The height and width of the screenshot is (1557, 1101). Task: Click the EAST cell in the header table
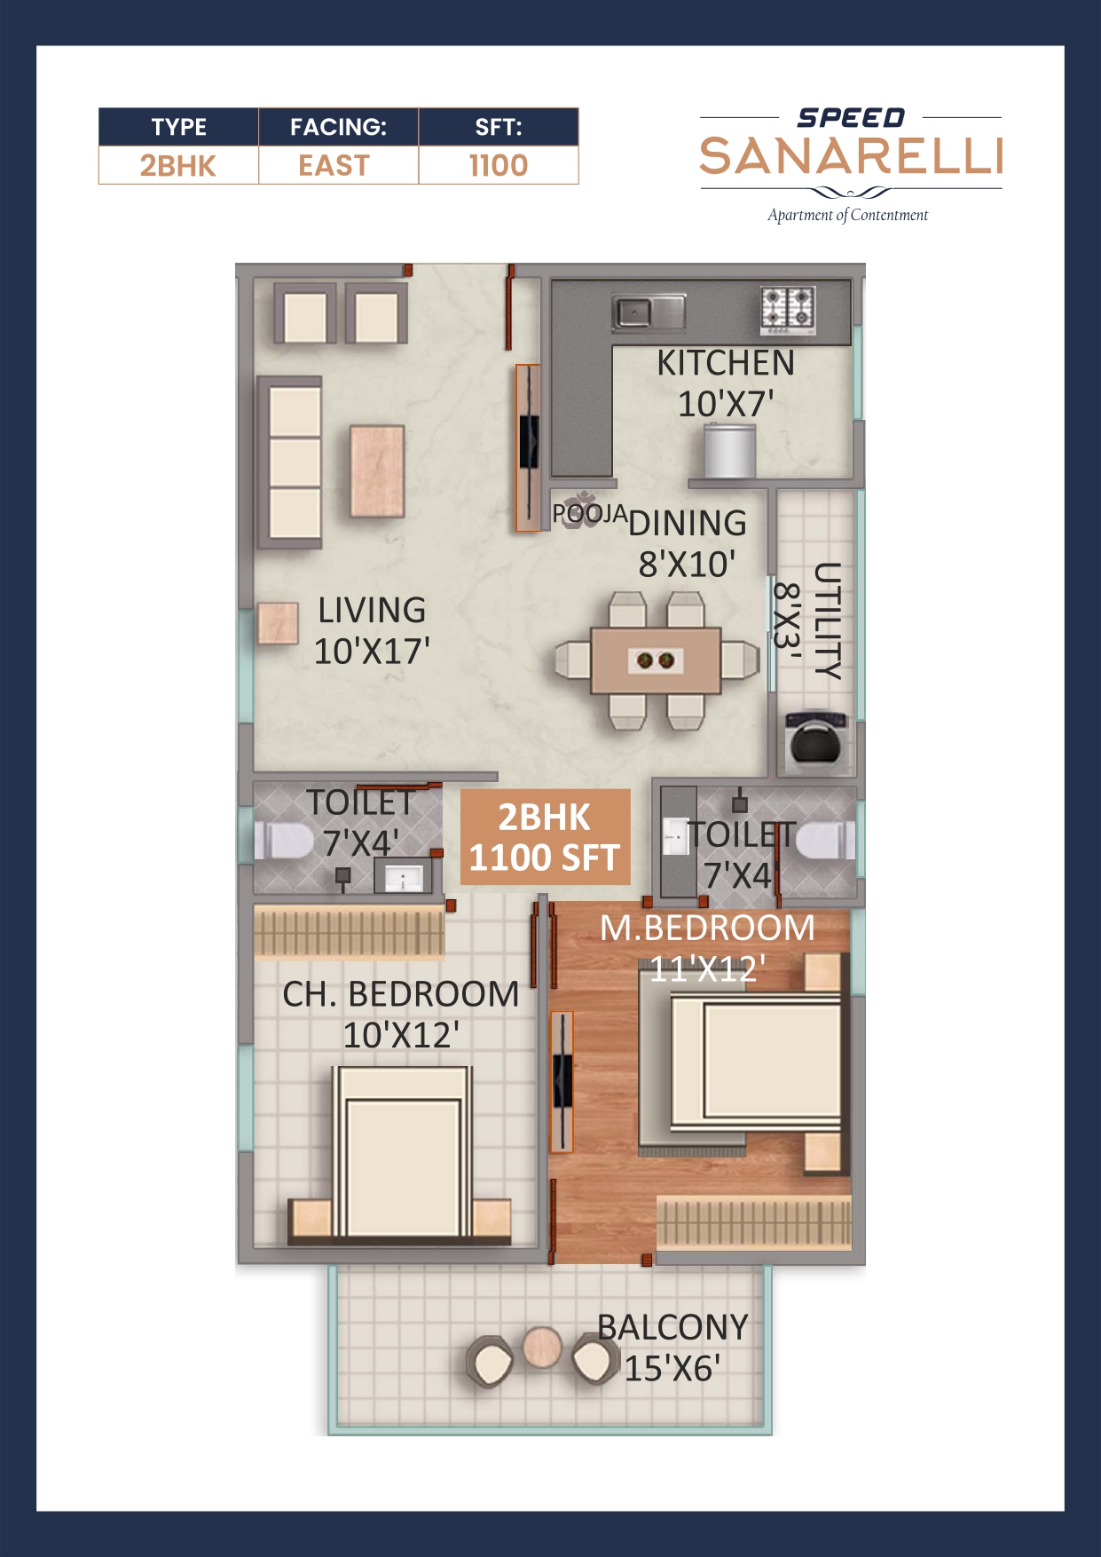coord(334,166)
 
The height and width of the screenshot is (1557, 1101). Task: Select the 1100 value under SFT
coord(498,166)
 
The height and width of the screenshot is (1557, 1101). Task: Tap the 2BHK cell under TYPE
coord(177,166)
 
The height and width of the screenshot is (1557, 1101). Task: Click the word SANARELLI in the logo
coord(851,157)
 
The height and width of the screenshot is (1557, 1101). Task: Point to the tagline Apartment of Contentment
coord(847,215)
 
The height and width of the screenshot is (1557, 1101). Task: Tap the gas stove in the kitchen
coord(788,308)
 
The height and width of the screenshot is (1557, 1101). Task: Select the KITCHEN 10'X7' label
coord(725,383)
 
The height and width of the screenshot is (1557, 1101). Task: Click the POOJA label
coord(589,513)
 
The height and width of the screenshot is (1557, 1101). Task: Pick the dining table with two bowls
coord(656,660)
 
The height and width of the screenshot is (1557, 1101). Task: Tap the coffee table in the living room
coord(377,471)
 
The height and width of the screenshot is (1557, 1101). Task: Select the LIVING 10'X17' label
coord(372,630)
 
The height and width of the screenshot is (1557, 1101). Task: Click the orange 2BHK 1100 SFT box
coord(545,837)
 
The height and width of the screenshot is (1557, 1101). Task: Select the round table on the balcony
coord(540,1348)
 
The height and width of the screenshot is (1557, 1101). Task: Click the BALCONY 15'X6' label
coord(672,1348)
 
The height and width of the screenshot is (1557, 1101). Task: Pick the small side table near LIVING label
coord(278,623)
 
